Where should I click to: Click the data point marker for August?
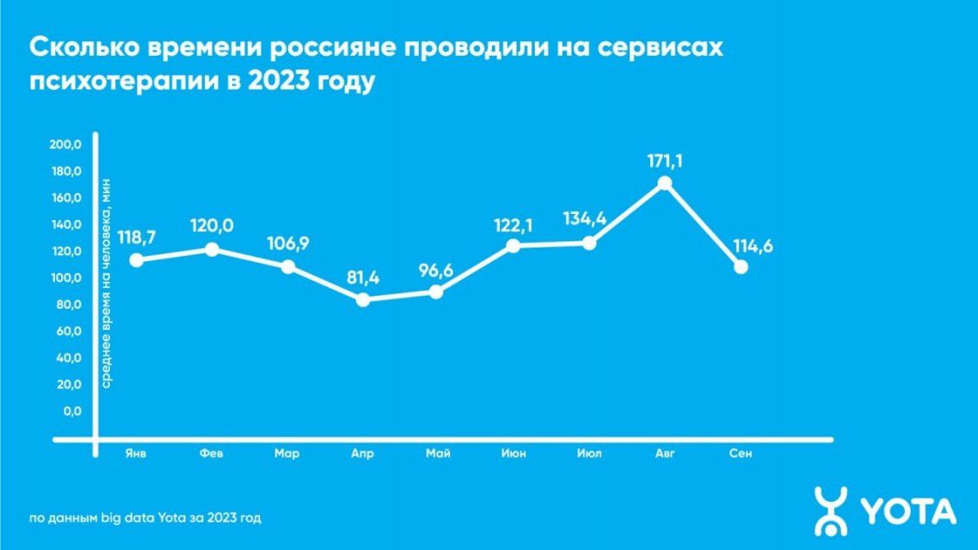coord(664,183)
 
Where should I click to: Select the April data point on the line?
coord(363,300)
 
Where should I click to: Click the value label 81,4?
coord(363,278)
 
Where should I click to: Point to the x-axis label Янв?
coord(136,454)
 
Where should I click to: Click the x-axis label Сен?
coord(740,454)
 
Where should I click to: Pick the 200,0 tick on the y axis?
coord(65,144)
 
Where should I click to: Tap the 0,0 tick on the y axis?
coord(71,412)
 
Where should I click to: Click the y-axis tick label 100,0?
coord(65,278)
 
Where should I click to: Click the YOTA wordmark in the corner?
coord(908,512)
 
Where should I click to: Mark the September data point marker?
coord(740,267)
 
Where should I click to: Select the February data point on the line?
coord(212,249)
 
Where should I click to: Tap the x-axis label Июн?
coord(514,454)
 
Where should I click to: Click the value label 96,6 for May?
coord(437,272)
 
